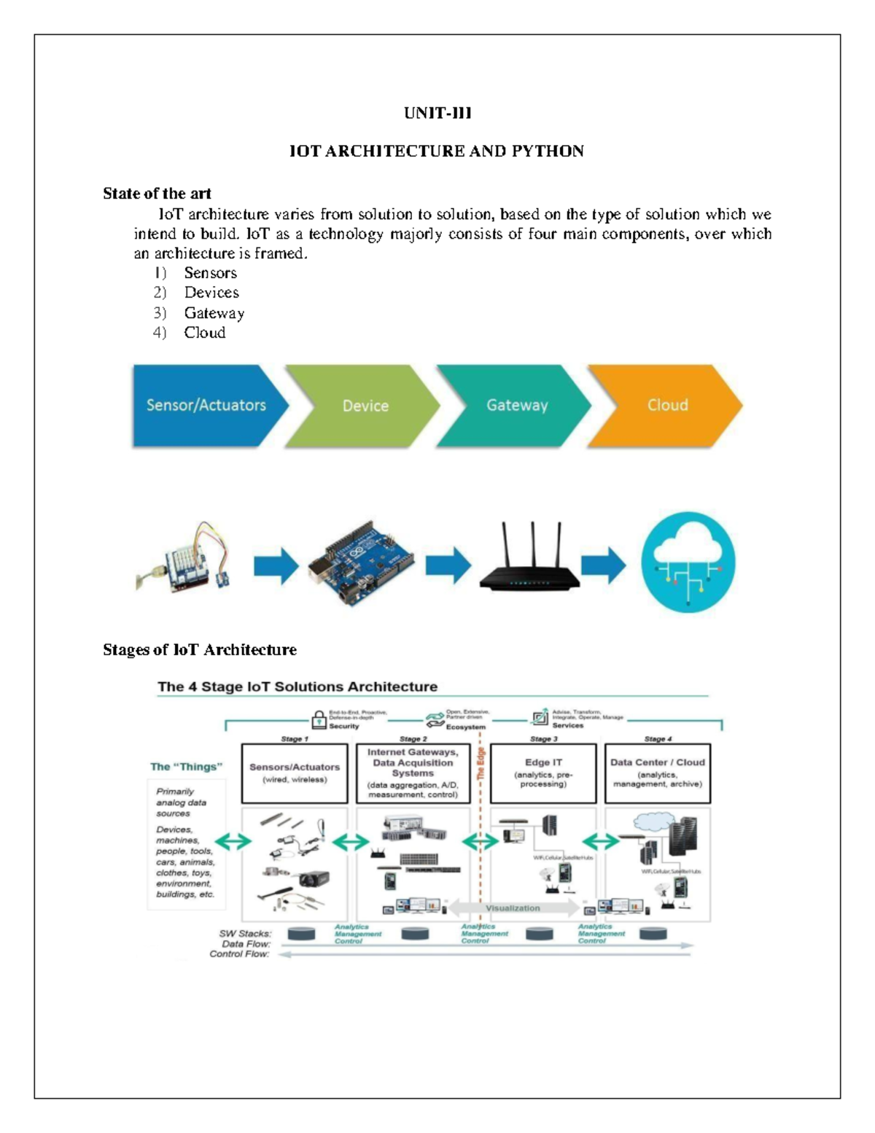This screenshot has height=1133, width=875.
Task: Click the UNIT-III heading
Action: coord(437,113)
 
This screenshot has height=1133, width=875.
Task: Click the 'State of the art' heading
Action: coord(157,193)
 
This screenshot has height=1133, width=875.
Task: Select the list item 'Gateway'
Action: coord(214,313)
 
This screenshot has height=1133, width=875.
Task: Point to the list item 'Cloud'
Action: coord(204,333)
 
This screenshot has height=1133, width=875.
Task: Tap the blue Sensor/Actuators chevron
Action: coord(206,406)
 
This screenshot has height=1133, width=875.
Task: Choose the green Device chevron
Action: coord(365,406)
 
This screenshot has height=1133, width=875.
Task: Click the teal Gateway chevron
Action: coord(517,406)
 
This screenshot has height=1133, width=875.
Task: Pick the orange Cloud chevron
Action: coord(667,406)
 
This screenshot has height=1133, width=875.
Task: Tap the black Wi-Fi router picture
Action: coord(530,562)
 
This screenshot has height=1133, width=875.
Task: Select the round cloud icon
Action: coord(688,562)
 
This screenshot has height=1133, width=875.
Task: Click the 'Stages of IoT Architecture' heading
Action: coord(200,650)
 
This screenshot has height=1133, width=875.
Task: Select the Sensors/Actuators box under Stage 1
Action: coord(295,773)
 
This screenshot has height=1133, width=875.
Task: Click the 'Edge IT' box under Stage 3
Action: coord(543,773)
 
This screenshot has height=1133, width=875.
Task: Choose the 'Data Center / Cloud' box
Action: coord(658,773)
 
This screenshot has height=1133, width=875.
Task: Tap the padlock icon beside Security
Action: coord(319,720)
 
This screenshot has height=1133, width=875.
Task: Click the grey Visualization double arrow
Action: coord(513,908)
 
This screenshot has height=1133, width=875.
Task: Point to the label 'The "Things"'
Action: coord(186,767)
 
